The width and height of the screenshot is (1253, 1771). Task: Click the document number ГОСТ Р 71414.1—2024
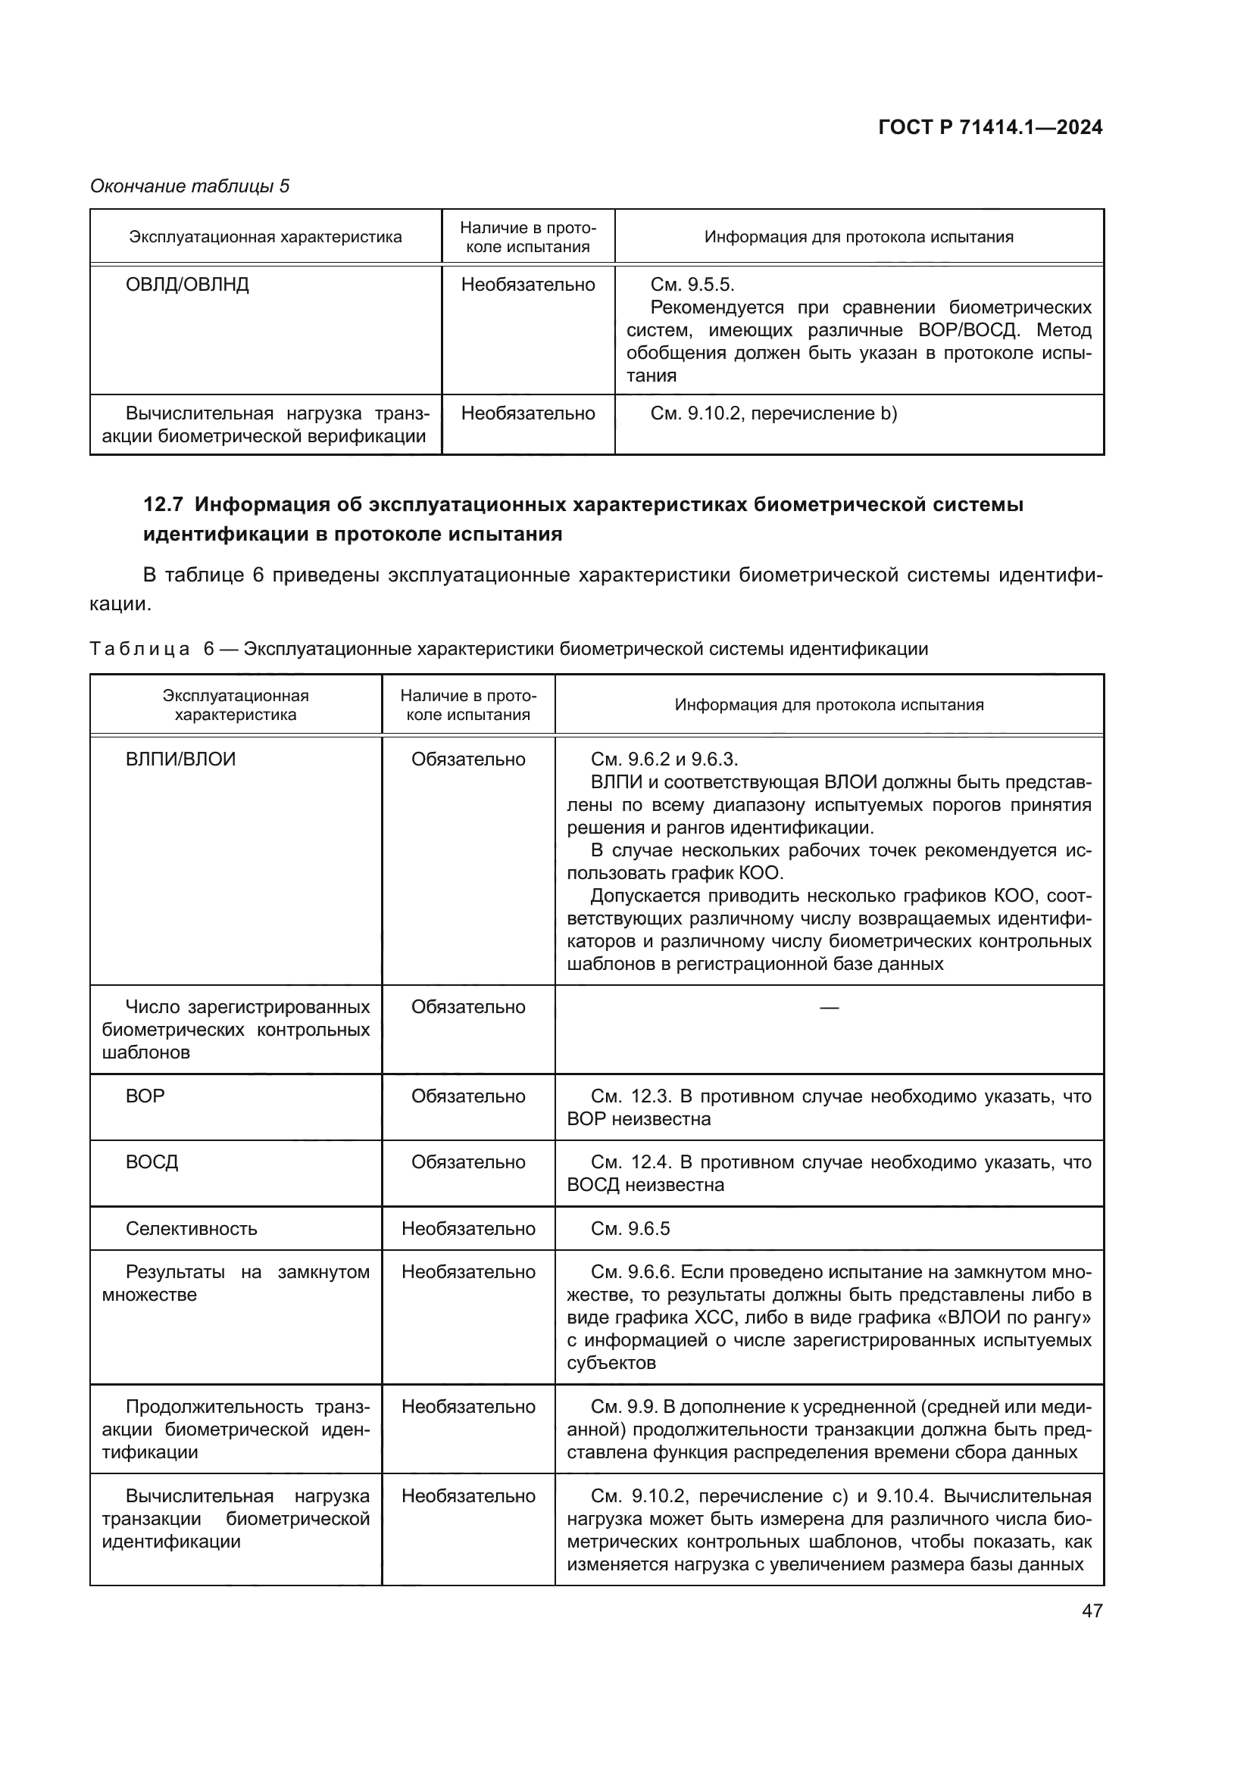(x=990, y=127)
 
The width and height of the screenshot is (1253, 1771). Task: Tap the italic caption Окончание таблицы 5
(x=190, y=186)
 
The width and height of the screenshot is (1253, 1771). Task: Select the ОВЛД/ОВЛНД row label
(x=186, y=285)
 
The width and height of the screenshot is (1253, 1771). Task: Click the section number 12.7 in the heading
(x=163, y=505)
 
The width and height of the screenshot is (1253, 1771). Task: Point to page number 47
(x=1092, y=1610)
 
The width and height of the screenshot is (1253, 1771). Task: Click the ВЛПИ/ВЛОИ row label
(x=180, y=759)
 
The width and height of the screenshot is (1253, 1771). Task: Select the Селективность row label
(x=192, y=1229)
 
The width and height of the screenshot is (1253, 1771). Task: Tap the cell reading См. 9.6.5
(x=630, y=1229)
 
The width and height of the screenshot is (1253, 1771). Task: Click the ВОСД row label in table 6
(x=152, y=1162)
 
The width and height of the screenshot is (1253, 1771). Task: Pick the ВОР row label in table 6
(x=145, y=1096)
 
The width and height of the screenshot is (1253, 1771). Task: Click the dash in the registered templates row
(x=829, y=1007)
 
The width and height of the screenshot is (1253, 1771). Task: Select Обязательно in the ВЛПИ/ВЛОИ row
(x=467, y=759)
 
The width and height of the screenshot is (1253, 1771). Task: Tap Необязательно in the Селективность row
(x=467, y=1229)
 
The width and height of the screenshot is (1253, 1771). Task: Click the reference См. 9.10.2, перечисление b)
(x=773, y=413)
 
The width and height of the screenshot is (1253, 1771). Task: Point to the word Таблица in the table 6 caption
(x=139, y=649)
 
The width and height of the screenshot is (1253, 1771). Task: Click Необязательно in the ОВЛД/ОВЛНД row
(x=528, y=285)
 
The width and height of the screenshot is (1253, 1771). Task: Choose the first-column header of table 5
(x=265, y=237)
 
